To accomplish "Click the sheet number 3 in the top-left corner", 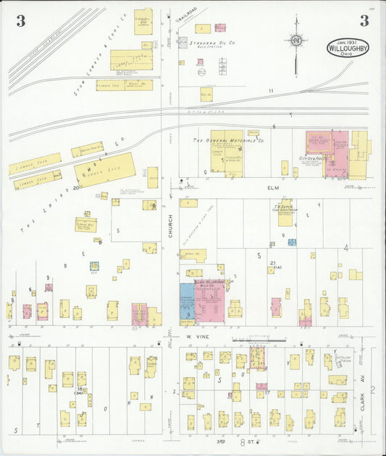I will (20, 21).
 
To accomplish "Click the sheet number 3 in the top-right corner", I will (364, 21).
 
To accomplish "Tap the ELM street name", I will (273, 188).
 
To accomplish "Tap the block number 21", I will (273, 263).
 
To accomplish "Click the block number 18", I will (79, 389).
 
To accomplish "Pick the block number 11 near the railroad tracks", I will (271, 90).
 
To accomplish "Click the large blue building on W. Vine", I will (187, 302).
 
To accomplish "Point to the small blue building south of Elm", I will (292, 242).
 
